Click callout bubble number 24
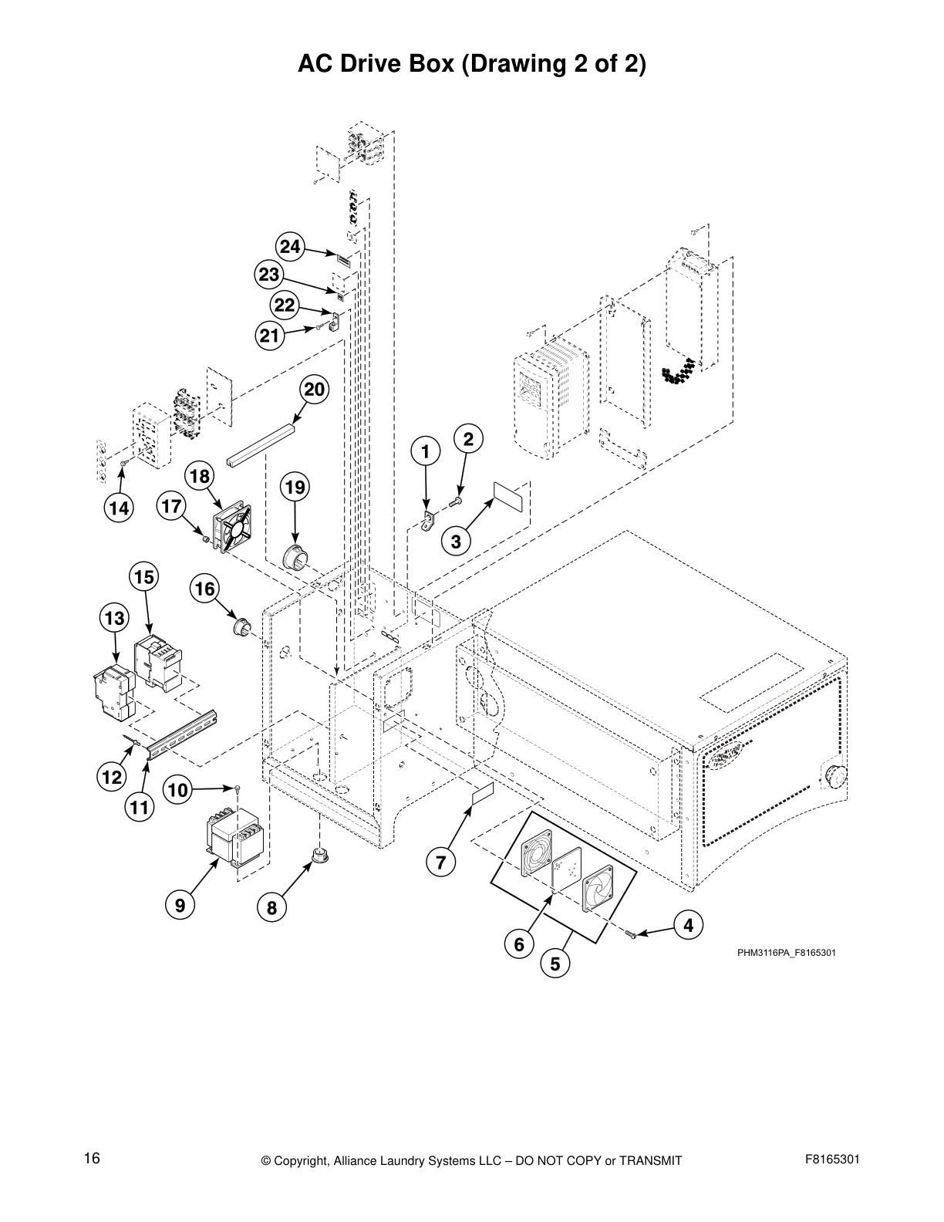(x=289, y=247)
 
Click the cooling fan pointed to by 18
(x=233, y=528)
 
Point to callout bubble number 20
(x=314, y=390)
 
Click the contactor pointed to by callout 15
(x=160, y=660)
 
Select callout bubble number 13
(x=115, y=618)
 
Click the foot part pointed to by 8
(x=317, y=856)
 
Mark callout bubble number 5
(x=555, y=964)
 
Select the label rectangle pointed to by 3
(x=508, y=497)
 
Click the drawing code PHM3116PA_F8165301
(x=786, y=953)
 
